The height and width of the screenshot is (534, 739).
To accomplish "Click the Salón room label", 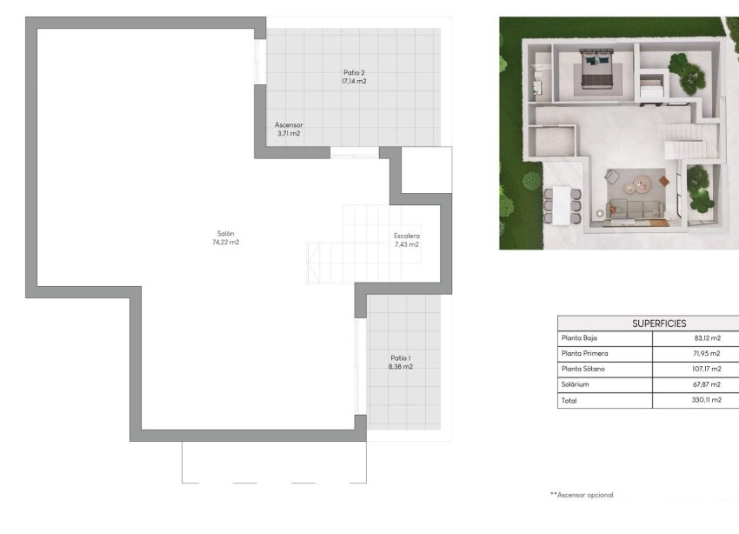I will pyautogui.click(x=225, y=233).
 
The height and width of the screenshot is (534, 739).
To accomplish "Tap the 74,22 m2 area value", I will pyautogui.click(x=225, y=243).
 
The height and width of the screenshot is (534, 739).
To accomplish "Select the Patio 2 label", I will pyautogui.click(x=354, y=72).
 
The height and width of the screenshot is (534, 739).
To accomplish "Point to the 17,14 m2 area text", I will pyautogui.click(x=354, y=82).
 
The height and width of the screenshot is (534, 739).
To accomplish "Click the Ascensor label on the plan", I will pyautogui.click(x=288, y=124).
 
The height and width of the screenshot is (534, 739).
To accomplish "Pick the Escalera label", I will pyautogui.click(x=406, y=236).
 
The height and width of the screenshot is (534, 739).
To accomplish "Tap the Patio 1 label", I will pyautogui.click(x=401, y=357).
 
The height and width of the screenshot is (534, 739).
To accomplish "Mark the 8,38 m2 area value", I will pyautogui.click(x=401, y=367).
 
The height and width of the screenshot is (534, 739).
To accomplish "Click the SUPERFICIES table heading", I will pyautogui.click(x=659, y=324).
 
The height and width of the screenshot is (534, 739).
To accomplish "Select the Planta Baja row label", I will pyautogui.click(x=580, y=338).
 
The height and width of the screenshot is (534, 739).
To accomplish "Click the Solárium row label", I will pyautogui.click(x=576, y=385).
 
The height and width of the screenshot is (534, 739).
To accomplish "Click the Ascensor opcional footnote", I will pyautogui.click(x=582, y=495).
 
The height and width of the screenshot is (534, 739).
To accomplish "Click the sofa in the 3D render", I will pyautogui.click(x=636, y=209).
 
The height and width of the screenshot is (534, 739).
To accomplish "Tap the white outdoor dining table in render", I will pyautogui.click(x=562, y=204).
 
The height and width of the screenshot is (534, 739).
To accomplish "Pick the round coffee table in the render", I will pyautogui.click(x=642, y=184).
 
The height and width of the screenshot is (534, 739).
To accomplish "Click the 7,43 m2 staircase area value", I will pyautogui.click(x=406, y=245).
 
